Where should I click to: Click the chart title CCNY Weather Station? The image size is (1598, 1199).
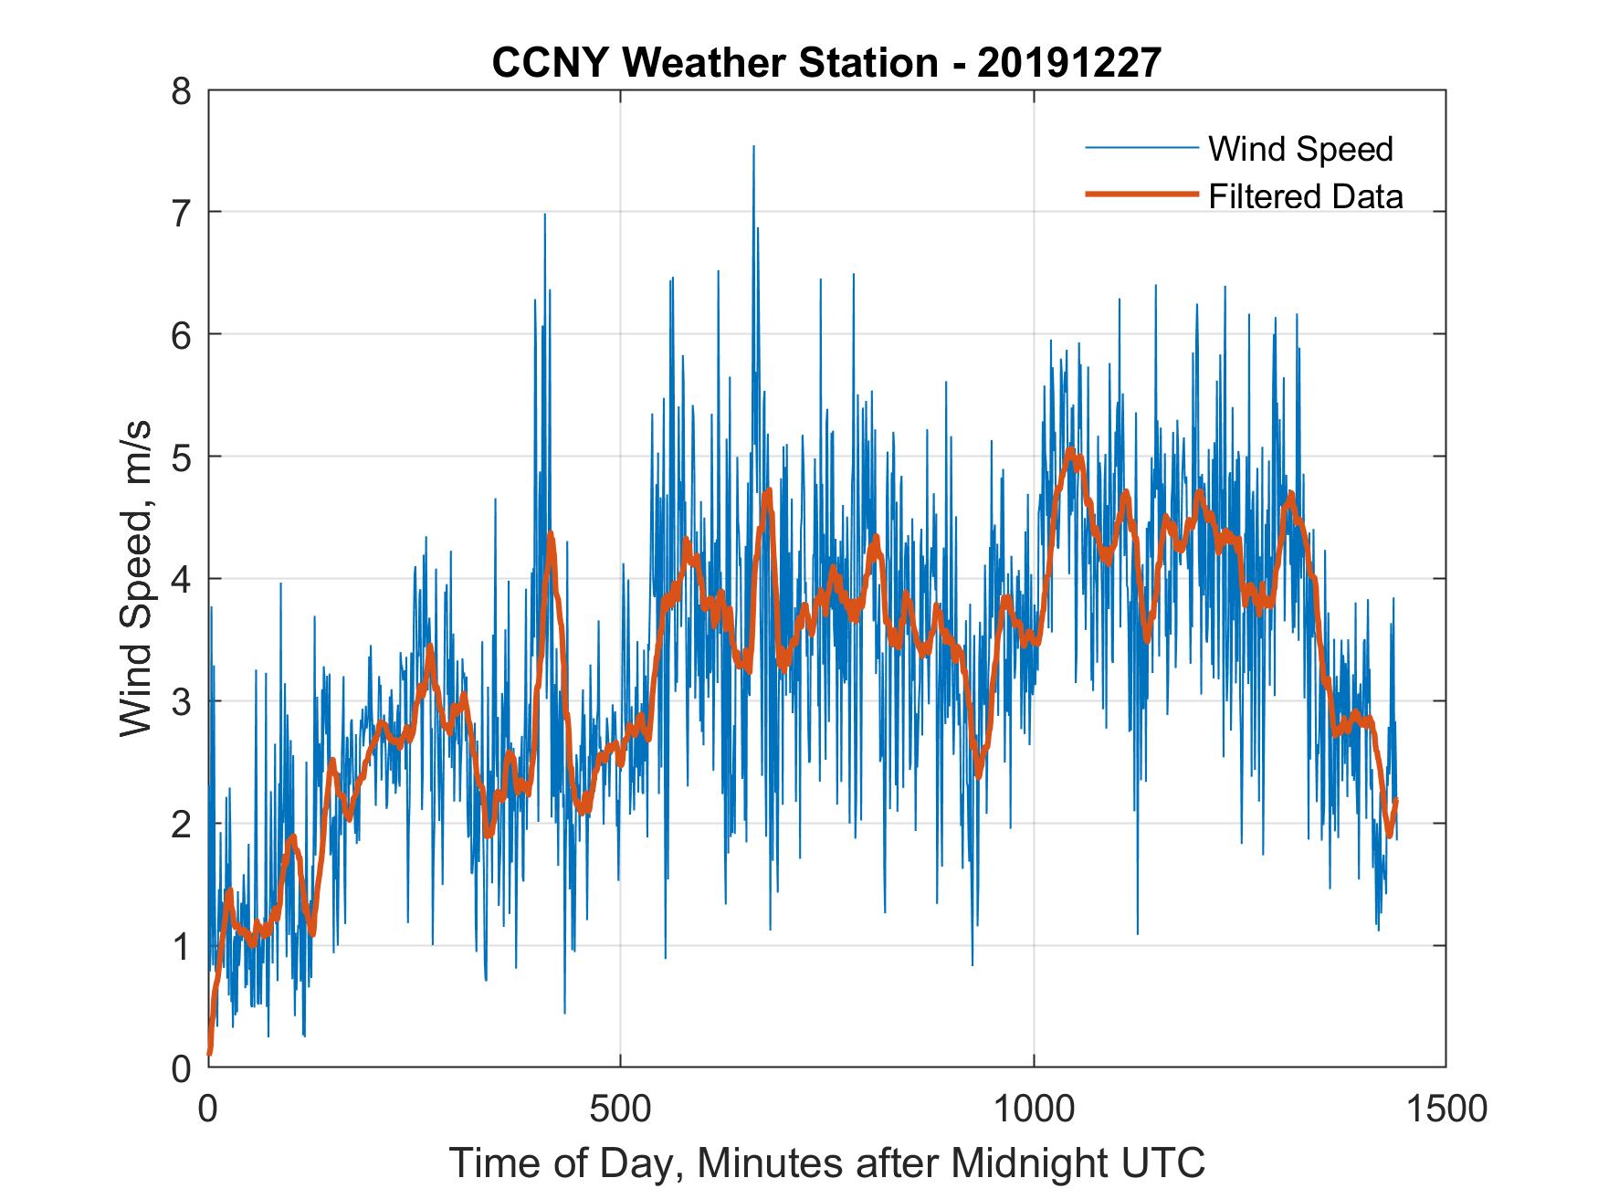(714, 63)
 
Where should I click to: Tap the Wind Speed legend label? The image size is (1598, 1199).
(1300, 149)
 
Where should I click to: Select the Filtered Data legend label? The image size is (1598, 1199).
(1305, 196)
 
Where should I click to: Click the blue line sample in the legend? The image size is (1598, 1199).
(1141, 149)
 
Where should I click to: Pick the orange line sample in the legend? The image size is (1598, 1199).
(1141, 195)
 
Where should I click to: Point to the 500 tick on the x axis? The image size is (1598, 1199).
(621, 1108)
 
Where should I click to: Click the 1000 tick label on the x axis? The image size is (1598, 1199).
(1034, 1108)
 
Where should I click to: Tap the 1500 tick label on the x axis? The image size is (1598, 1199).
(1446, 1108)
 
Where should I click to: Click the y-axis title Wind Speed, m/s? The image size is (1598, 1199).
(137, 579)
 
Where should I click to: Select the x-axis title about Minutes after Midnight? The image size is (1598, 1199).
(826, 1162)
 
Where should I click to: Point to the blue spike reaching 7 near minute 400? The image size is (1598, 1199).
(544, 216)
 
